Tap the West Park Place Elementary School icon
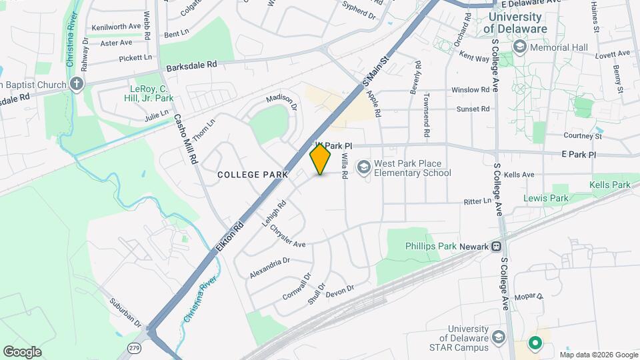pos(364,165)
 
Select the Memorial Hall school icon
pos(519,47)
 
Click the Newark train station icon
pos(497,246)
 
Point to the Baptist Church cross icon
pos(77,84)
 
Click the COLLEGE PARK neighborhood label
pos(253,174)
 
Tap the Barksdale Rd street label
pos(192,65)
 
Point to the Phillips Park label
pos(431,246)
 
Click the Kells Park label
pos(610,185)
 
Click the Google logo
pos(22,351)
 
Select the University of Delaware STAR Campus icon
pos(497,338)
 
